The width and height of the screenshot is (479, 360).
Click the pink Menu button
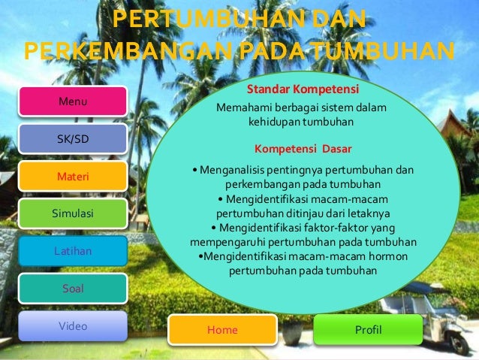[x=73, y=101]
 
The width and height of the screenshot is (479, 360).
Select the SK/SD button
[x=73, y=139]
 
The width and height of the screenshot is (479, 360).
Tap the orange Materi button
[x=73, y=177]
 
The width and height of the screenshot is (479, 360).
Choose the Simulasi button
[x=73, y=213]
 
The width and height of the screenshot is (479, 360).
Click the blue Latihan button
[x=73, y=250]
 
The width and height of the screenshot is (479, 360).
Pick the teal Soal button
[x=73, y=288]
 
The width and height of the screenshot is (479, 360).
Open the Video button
[x=73, y=326]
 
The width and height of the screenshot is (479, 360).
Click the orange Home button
[x=222, y=330]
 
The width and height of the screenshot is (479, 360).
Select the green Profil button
[x=367, y=330]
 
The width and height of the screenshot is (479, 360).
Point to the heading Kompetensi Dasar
[x=303, y=148]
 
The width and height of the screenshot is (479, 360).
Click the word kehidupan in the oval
[x=273, y=121]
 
